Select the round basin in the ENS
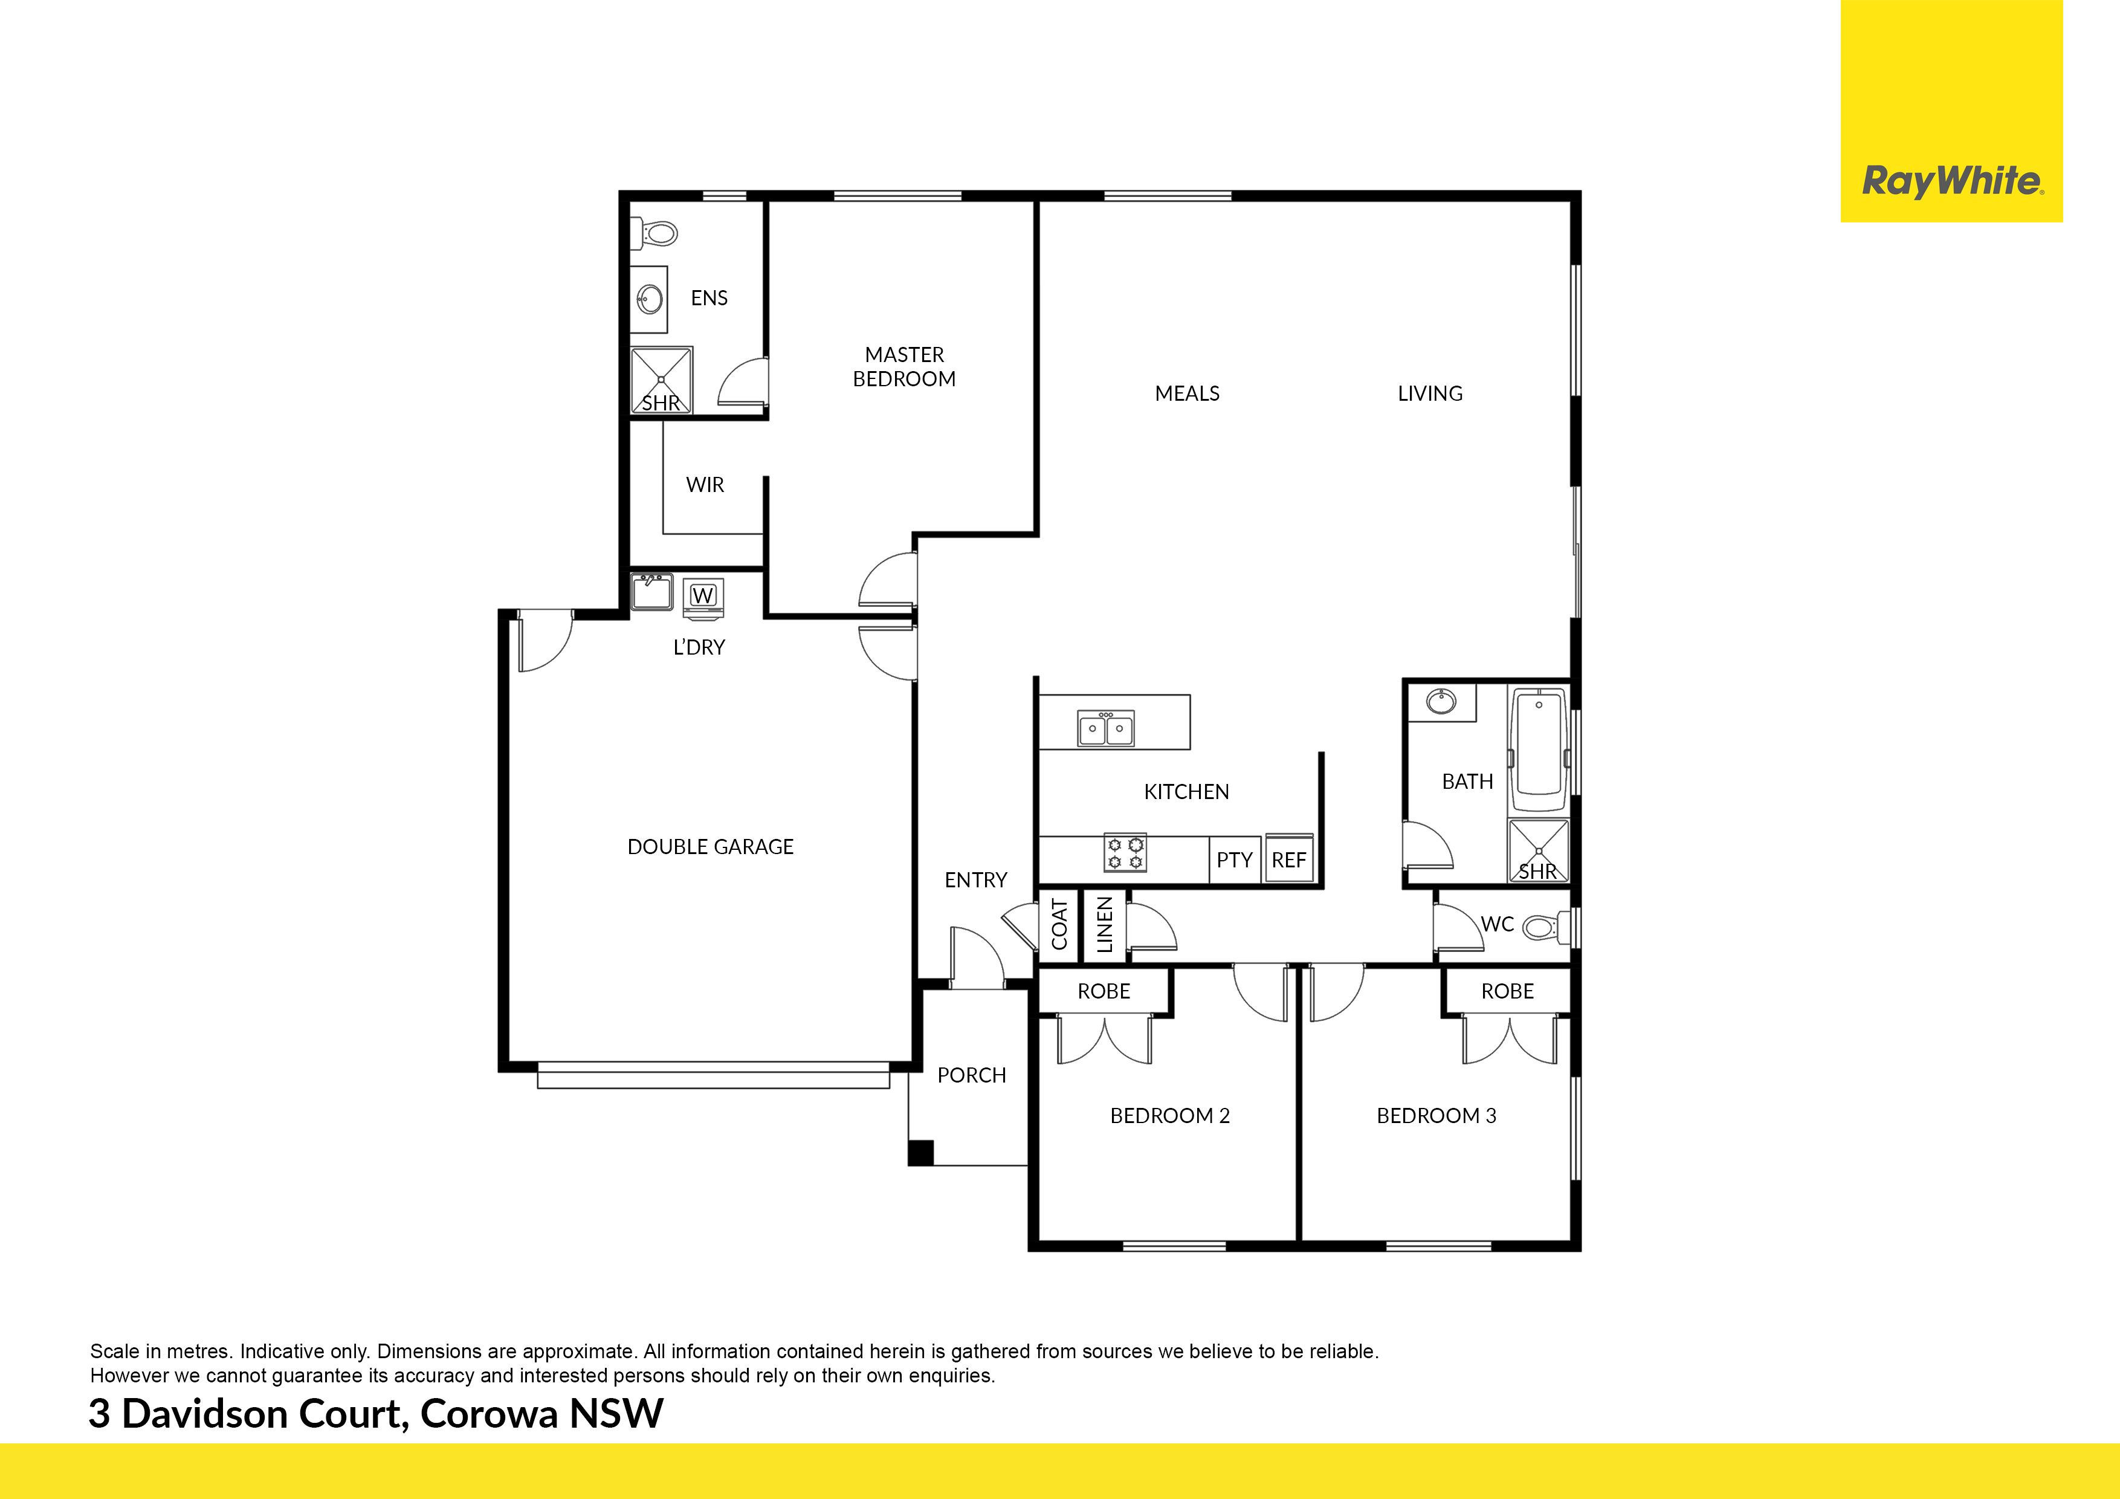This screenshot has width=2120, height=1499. tap(650, 299)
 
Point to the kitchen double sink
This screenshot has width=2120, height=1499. tap(1106, 728)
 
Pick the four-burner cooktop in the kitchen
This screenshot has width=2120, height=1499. tap(1125, 853)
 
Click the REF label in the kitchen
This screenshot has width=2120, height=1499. tap(1289, 860)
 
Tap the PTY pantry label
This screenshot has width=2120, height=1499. tap(1235, 860)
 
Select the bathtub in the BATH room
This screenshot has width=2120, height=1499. tap(1539, 748)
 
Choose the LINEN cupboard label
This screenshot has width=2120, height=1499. tap(1104, 925)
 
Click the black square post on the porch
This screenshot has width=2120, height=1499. tap(920, 1153)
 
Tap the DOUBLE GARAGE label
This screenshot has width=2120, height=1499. tap(710, 847)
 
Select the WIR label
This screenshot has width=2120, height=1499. tap(705, 485)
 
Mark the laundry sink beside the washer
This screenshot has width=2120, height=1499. tap(652, 592)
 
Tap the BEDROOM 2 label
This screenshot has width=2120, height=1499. tap(1170, 1116)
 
